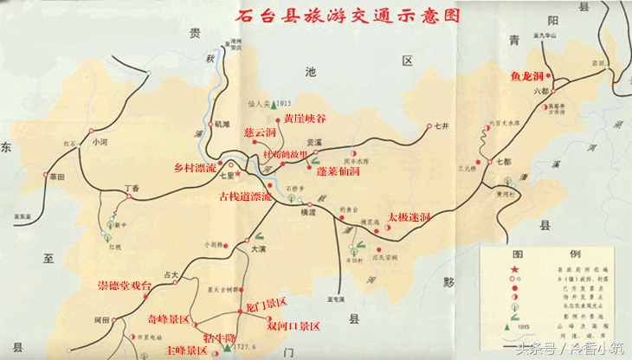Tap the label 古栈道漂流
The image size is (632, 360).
tap(246, 197)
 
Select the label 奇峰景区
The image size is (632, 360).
tap(170, 318)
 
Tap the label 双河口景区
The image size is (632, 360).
tap(293, 325)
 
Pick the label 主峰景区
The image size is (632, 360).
tap(186, 350)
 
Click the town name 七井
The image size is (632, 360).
tap(442, 127)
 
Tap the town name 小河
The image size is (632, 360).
tap(99, 142)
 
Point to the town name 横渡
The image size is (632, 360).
tap(308, 212)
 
